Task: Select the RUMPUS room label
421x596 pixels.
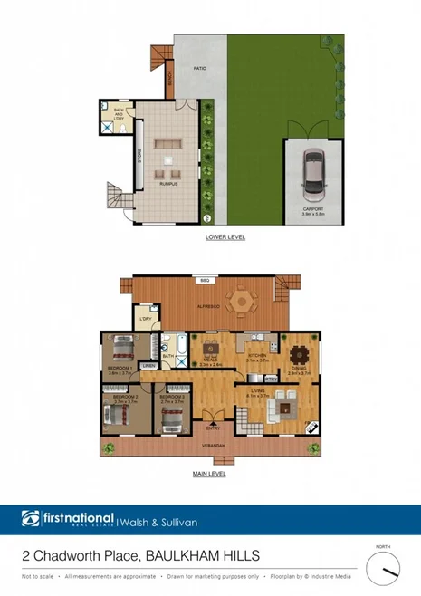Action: pos(168,184)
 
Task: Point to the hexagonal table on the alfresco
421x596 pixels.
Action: pos(243,300)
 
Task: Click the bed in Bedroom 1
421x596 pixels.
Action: pos(123,349)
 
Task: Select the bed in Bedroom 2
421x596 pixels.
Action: pos(115,413)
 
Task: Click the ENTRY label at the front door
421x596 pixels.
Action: pos(213,428)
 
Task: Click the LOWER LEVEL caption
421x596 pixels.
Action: pos(226,237)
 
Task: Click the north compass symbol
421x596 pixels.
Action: pos(388,569)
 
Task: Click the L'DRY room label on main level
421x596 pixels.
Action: pos(144,320)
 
